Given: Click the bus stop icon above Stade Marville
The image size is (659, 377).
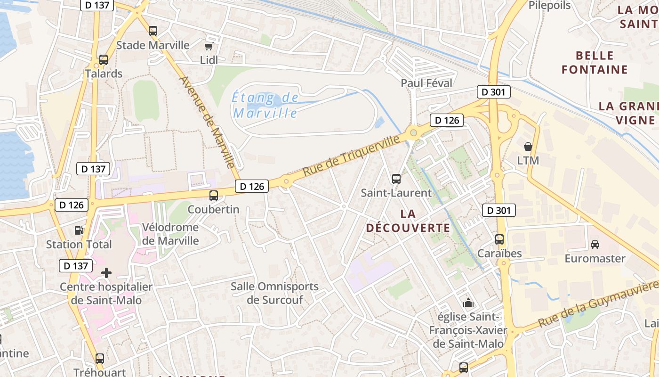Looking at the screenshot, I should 153,31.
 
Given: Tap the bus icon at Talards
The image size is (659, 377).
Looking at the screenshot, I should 104,60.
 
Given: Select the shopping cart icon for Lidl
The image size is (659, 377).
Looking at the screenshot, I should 209,46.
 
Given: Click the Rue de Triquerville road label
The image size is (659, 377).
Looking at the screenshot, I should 352,155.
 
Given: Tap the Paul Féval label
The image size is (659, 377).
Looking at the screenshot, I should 426,83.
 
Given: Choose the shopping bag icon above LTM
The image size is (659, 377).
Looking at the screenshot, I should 528,147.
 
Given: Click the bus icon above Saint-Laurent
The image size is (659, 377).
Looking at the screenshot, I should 396,179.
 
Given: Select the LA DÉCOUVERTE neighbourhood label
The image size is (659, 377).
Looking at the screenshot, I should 408,221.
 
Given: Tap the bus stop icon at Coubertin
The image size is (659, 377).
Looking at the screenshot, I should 214,195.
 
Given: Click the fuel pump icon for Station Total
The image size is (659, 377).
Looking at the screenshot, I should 79,230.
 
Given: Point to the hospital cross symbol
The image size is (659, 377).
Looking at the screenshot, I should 106,272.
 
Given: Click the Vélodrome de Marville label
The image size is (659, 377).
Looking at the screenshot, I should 170,234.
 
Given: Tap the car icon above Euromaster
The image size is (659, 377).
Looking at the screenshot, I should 595,244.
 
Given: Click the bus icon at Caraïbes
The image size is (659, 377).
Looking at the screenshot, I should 499,239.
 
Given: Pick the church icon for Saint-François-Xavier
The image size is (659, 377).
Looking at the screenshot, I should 468,303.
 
